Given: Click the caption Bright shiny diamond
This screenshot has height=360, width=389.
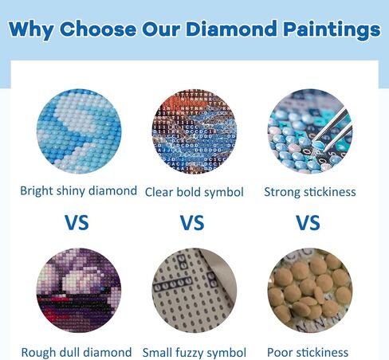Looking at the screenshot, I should pyautogui.click(x=78, y=191).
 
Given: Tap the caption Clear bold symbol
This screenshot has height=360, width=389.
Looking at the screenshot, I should pyautogui.click(x=194, y=192).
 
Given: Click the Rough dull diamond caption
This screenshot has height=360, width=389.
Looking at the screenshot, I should pyautogui.click(x=77, y=352).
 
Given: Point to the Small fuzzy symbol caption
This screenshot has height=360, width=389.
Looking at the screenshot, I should pyautogui.click(x=194, y=352).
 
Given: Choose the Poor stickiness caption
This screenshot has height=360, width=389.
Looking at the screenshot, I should pyautogui.click(x=308, y=352).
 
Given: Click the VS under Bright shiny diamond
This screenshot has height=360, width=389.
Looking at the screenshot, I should pyautogui.click(x=77, y=222).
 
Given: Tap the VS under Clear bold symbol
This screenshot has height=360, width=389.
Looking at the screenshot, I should pyautogui.click(x=192, y=222).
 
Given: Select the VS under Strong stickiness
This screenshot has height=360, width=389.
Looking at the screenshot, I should pyautogui.click(x=308, y=222).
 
